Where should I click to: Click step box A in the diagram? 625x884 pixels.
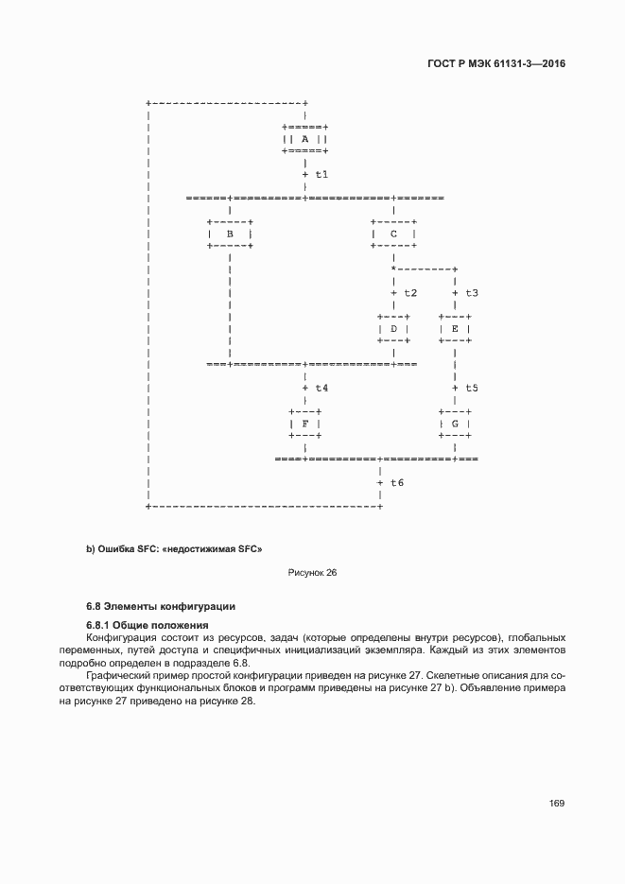tap(304, 138)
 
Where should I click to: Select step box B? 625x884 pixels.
tap(229, 233)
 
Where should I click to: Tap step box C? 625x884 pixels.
tap(393, 233)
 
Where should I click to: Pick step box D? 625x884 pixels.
tap(393, 328)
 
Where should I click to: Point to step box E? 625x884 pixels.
tap(455, 328)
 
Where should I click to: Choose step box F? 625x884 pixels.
tap(304, 424)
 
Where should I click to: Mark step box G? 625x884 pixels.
tap(455, 424)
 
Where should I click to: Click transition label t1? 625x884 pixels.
tap(321, 175)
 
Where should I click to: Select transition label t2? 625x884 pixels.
tap(409, 293)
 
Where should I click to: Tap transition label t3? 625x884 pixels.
tap(471, 293)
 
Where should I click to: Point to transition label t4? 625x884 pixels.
tap(321, 388)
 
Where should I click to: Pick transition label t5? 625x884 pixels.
tap(471, 388)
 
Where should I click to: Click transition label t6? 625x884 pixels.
tap(396, 482)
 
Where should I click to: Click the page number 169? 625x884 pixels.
tap(556, 803)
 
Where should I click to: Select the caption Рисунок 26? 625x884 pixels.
tap(312, 573)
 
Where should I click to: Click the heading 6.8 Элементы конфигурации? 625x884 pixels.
tap(161, 605)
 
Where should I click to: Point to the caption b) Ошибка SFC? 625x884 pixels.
tap(174, 548)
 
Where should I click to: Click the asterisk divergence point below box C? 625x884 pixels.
tap(393, 269)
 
